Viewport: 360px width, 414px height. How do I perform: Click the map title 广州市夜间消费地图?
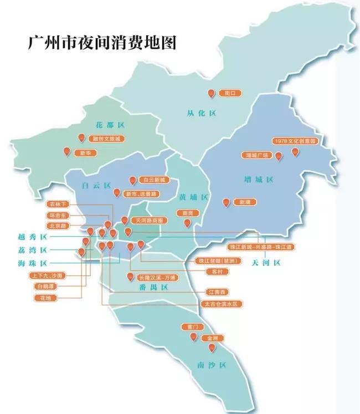(x=102, y=44)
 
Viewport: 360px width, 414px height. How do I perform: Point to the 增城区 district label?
(x=259, y=180)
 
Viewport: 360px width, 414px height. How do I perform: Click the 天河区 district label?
(x=268, y=261)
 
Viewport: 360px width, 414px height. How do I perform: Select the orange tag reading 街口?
(x=227, y=93)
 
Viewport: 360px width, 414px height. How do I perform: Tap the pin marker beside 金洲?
(x=212, y=347)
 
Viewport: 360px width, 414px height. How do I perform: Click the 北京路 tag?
(x=59, y=226)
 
